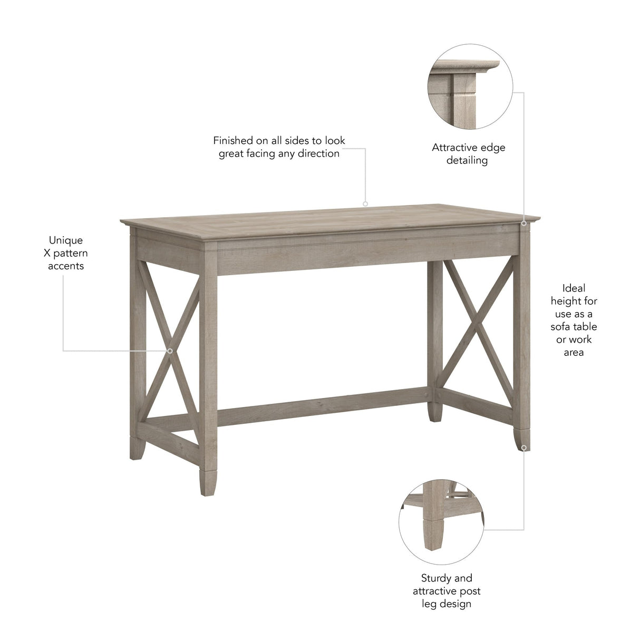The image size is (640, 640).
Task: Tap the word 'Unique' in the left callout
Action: tap(66, 240)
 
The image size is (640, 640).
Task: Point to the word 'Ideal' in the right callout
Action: tap(574, 288)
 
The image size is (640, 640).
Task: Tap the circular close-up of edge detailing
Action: tap(470, 87)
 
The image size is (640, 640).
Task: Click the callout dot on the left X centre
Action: tap(170, 351)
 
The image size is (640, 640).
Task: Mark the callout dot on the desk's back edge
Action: tap(365, 203)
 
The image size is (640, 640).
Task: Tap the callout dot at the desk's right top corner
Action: tap(523, 223)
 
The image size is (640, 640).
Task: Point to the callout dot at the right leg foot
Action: tap(523, 448)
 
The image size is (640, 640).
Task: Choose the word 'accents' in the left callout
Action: tap(66, 266)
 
